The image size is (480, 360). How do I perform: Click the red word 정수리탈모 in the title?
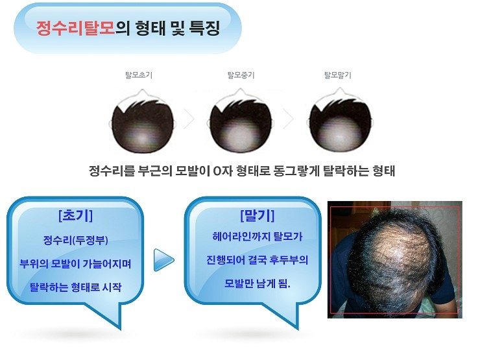tap(76, 28)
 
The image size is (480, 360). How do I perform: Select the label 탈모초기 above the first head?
tap(139, 75)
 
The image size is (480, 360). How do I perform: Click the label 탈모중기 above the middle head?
tap(241, 75)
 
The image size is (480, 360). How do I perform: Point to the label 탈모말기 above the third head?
tap(338, 75)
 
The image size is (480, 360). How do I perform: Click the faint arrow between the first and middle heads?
tap(191, 119)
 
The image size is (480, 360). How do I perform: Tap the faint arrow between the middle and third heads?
tap(290, 119)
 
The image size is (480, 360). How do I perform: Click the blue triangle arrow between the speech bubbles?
tap(163, 260)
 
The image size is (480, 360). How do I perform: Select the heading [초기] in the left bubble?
tap(75, 215)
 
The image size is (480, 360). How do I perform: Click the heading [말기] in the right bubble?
tap(257, 215)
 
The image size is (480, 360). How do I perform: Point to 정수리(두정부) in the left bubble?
tap(76, 240)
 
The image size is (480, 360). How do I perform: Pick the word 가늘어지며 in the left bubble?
tap(107, 263)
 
